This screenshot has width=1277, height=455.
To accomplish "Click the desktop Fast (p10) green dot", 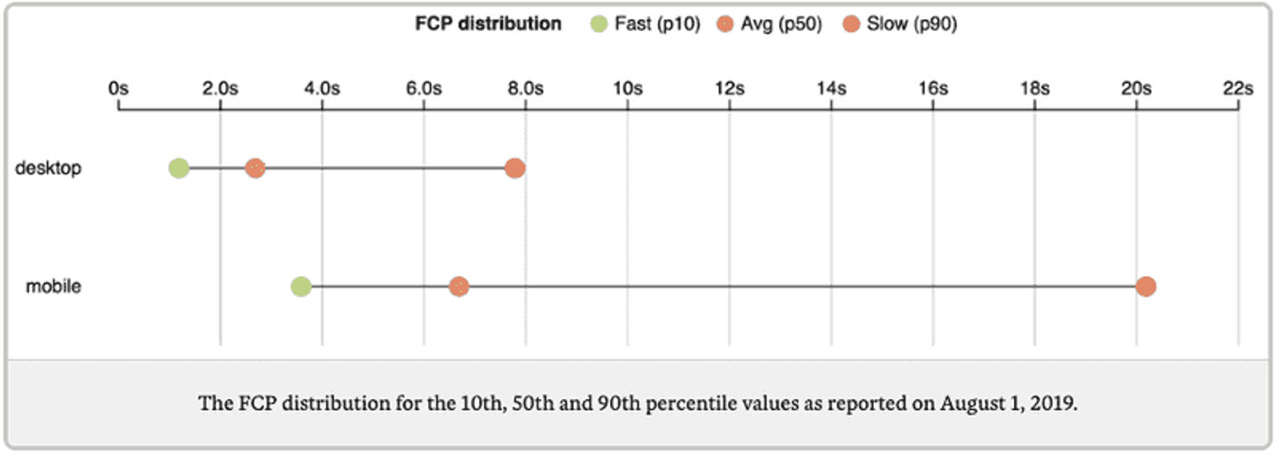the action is [x=178, y=168].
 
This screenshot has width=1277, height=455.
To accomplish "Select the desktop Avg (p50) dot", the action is [x=255, y=168].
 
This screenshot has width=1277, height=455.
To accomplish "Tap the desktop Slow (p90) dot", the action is [x=515, y=168].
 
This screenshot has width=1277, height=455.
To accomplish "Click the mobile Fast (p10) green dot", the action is [x=301, y=286].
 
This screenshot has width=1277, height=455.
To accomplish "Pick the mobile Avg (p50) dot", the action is [x=459, y=286].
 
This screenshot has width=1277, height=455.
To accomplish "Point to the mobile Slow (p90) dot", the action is [x=1146, y=286].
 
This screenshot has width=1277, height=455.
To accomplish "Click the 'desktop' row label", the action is [x=49, y=168].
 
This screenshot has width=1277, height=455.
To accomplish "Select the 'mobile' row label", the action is [x=54, y=286].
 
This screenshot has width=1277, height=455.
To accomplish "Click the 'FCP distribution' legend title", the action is [x=488, y=24].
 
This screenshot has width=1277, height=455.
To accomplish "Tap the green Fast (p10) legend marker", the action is [x=599, y=24].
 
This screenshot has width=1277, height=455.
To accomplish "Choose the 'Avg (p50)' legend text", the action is [x=781, y=24].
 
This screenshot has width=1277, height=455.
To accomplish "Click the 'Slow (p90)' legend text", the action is [x=912, y=24].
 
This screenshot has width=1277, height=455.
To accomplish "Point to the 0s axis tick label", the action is [x=118, y=89].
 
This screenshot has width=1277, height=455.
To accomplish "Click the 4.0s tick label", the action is [x=322, y=89].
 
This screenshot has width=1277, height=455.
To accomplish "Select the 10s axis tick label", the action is [x=628, y=89].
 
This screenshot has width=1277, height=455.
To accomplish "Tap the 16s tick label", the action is [x=933, y=89].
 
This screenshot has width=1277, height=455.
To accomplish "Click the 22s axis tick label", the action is [x=1238, y=89].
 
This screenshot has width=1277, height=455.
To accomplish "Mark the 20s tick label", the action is [x=1136, y=89].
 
